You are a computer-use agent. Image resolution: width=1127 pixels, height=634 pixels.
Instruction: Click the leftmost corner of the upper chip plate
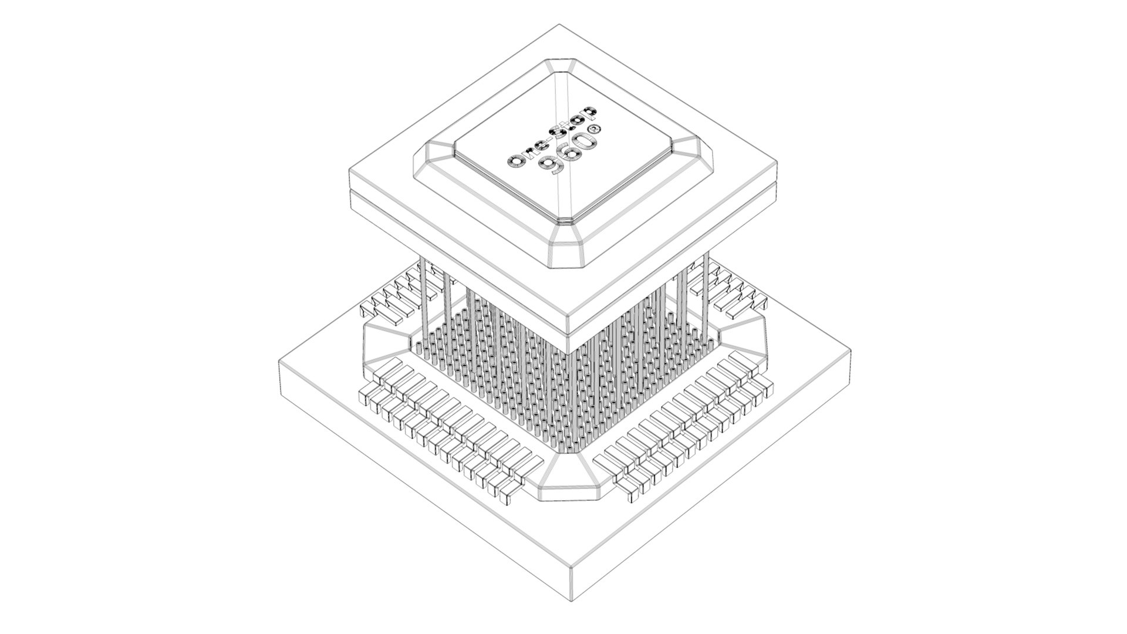tap(350, 170)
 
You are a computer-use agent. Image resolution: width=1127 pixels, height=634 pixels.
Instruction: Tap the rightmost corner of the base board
tap(851, 350)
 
